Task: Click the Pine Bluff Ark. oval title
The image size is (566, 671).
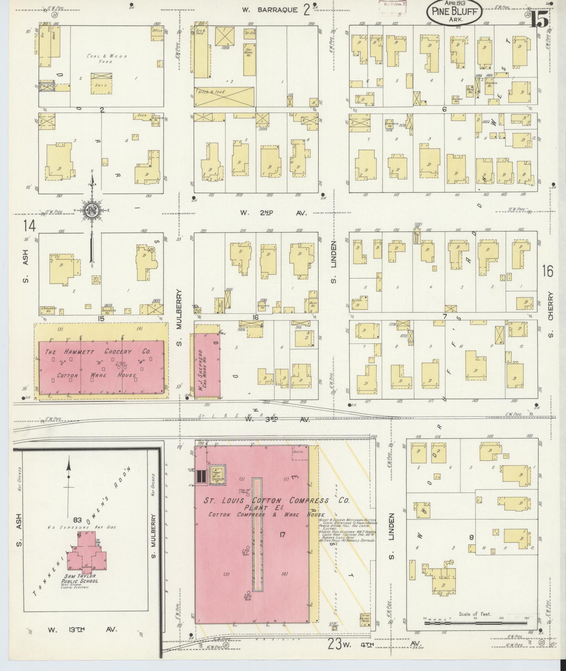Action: (x=454, y=12)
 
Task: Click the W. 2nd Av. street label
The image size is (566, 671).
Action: (x=273, y=213)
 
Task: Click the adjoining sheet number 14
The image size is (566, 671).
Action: (x=29, y=226)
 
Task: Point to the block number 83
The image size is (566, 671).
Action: (x=78, y=519)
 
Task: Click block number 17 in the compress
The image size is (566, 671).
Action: (x=283, y=535)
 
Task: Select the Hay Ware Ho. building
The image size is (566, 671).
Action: (x=249, y=59)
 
